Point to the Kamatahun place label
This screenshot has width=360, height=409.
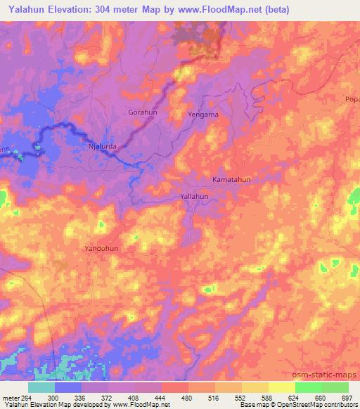pyautogui.click(x=231, y=180)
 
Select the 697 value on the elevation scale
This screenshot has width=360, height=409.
pyautogui.click(x=347, y=397)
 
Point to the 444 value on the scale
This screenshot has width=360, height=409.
pyautogui.click(x=160, y=397)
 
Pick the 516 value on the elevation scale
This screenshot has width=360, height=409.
pyautogui.click(x=214, y=397)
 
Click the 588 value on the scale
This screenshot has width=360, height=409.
pyautogui.click(x=267, y=397)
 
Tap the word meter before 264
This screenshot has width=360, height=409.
pyautogui.click(x=12, y=397)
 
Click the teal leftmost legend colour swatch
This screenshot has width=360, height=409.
pyautogui.click(x=41, y=387)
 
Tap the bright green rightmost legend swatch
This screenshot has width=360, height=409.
pyautogui.click(x=335, y=387)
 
